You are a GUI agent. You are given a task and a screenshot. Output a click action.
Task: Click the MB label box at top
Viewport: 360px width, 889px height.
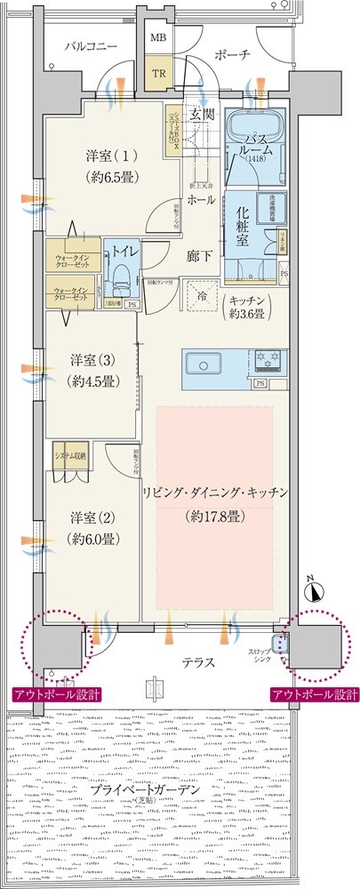[158, 37]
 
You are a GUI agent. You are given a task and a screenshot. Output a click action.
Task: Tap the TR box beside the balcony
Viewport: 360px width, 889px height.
[158, 74]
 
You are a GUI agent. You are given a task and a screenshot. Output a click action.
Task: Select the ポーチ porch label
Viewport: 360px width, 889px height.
[233, 55]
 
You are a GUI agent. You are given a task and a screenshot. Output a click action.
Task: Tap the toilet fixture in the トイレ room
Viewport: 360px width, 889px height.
[118, 269]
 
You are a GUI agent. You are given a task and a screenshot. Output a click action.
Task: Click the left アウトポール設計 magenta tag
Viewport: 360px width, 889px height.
[57, 694]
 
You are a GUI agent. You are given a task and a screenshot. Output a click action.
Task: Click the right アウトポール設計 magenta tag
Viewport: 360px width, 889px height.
[316, 694]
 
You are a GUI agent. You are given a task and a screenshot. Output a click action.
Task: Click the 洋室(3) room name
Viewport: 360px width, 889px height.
[90, 362]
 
